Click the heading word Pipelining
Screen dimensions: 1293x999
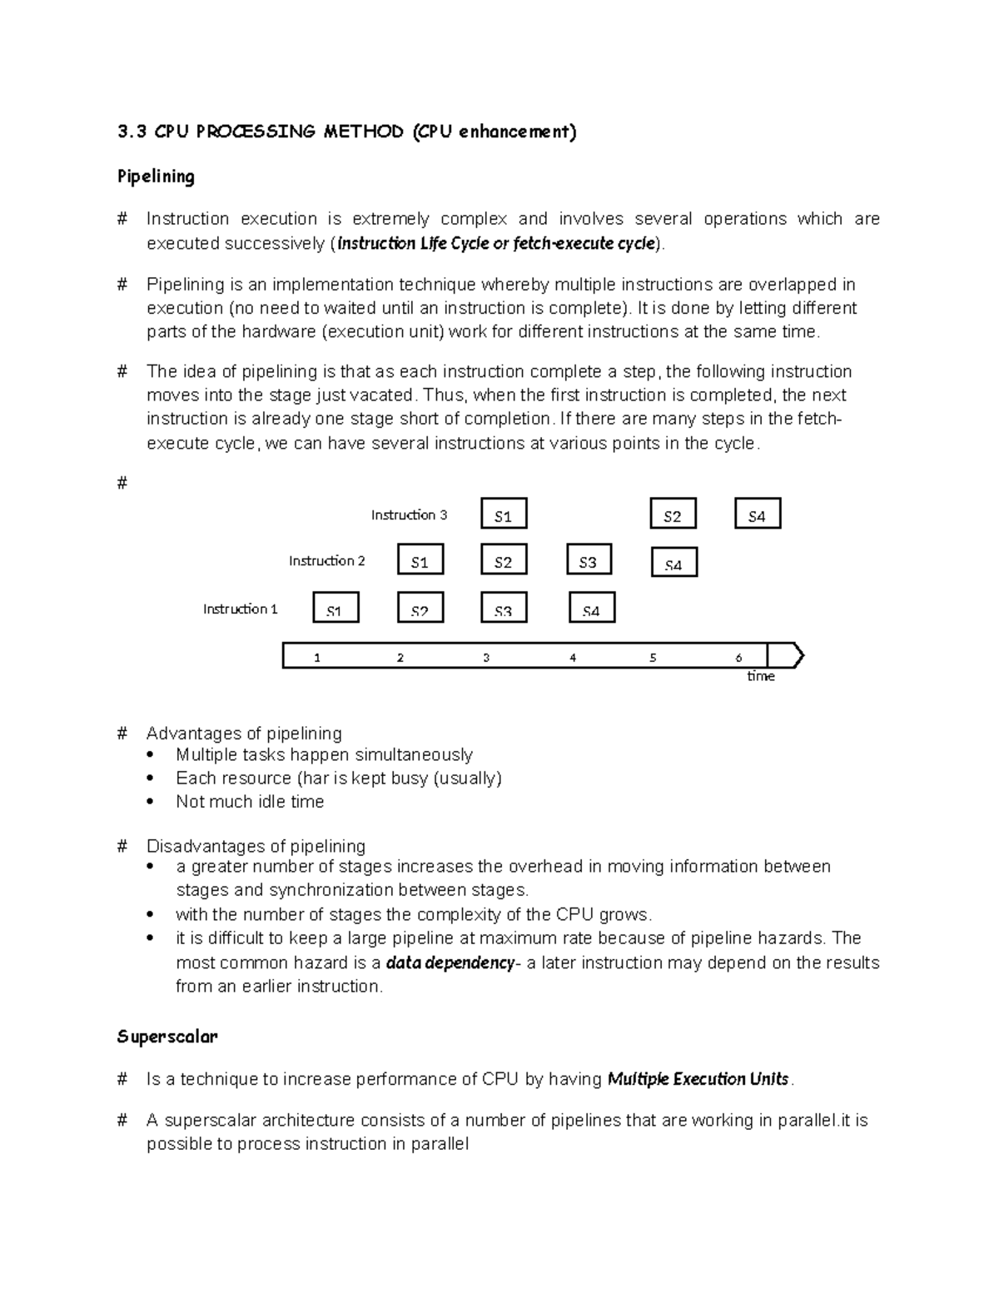click(x=156, y=177)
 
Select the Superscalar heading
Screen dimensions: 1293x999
click(x=167, y=1037)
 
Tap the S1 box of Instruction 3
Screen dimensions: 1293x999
click(x=504, y=514)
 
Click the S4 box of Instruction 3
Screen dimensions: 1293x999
click(x=758, y=514)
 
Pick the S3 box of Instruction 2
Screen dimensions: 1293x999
click(x=589, y=560)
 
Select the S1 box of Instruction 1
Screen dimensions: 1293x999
click(x=335, y=608)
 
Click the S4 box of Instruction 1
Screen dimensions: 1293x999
click(x=592, y=608)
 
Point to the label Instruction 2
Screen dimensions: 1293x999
click(x=326, y=560)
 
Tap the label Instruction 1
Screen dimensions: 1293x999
click(x=240, y=609)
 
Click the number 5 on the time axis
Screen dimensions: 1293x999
click(x=653, y=657)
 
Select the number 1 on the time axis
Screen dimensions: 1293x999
click(x=316, y=657)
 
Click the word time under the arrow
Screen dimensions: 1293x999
click(x=761, y=676)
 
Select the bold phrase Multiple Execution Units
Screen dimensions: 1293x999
click(x=698, y=1079)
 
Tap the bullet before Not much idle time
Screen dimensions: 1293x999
click(x=150, y=802)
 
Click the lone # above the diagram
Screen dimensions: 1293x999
click(x=122, y=483)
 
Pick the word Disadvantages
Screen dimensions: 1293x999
click(x=196, y=846)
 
